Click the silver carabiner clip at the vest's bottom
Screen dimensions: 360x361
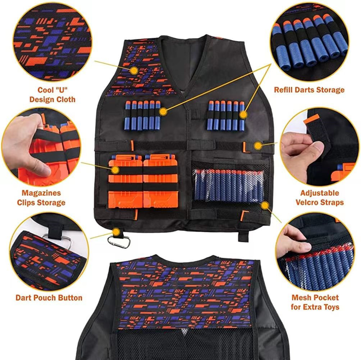(119, 243)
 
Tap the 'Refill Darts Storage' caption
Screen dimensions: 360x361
(309, 90)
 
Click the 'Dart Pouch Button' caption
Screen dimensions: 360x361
(49, 298)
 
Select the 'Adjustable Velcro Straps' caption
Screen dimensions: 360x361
(319, 198)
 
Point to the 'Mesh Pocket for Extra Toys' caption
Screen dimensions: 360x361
(315, 302)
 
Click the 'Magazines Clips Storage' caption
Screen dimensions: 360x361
(41, 198)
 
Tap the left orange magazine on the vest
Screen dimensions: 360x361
(125, 182)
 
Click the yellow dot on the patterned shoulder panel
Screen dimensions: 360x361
(134, 70)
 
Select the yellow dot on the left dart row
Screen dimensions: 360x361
(163, 112)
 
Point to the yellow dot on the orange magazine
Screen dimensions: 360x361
(115, 169)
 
